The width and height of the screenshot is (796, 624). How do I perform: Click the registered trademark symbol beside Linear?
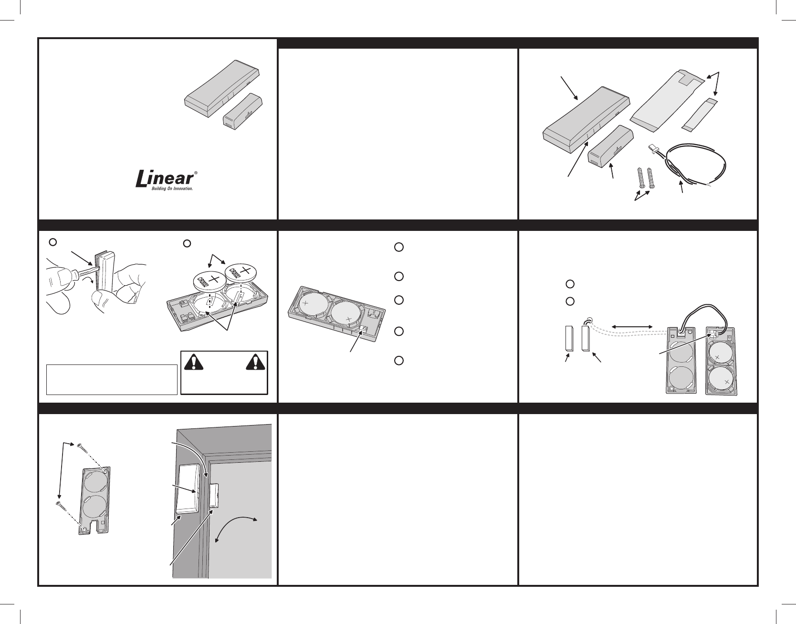(196, 174)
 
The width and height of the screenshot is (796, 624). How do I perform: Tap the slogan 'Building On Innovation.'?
(165, 189)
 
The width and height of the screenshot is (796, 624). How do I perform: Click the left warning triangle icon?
(192, 363)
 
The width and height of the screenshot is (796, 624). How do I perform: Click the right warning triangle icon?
(255, 363)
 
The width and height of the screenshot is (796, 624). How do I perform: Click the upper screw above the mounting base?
(80, 446)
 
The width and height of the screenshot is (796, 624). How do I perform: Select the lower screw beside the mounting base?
(58, 503)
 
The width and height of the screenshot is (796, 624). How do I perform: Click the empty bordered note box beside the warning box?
(112, 379)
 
